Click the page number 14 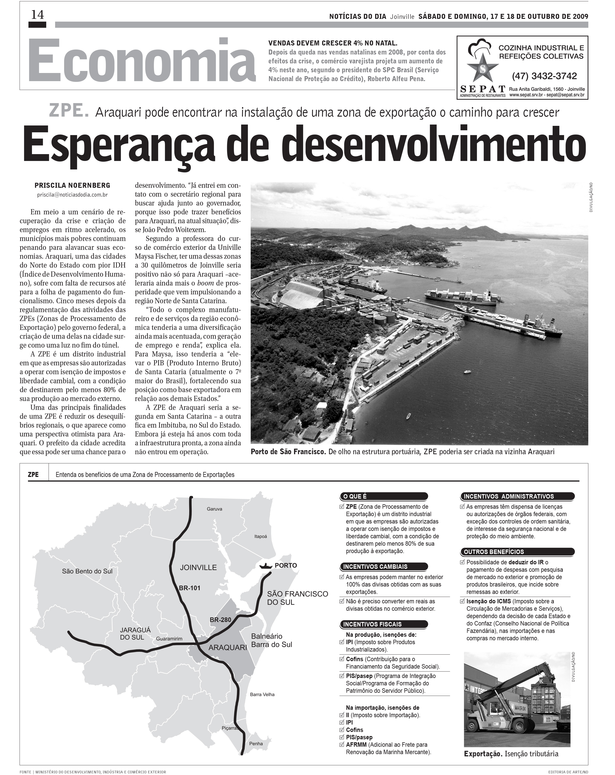[37, 15]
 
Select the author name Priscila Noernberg [72, 186]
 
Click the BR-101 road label [189, 588]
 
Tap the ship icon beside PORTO [265, 565]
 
